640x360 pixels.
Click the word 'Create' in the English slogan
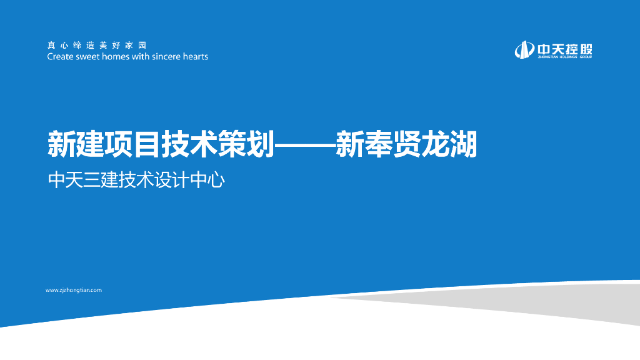(x=61, y=57)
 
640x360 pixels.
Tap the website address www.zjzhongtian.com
(x=74, y=290)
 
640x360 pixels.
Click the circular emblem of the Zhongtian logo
(x=522, y=49)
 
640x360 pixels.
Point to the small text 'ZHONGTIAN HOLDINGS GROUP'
(x=563, y=57)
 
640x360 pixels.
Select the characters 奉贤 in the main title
(x=392, y=145)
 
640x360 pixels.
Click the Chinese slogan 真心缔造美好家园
(x=96, y=45)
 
